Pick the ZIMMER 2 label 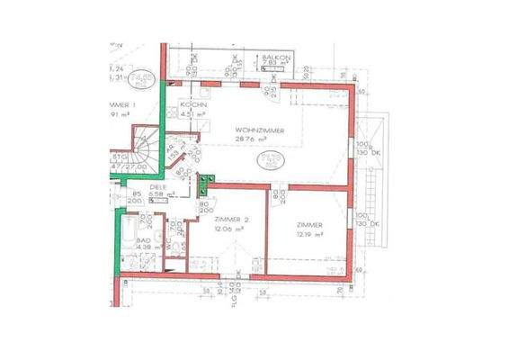(232, 220)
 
